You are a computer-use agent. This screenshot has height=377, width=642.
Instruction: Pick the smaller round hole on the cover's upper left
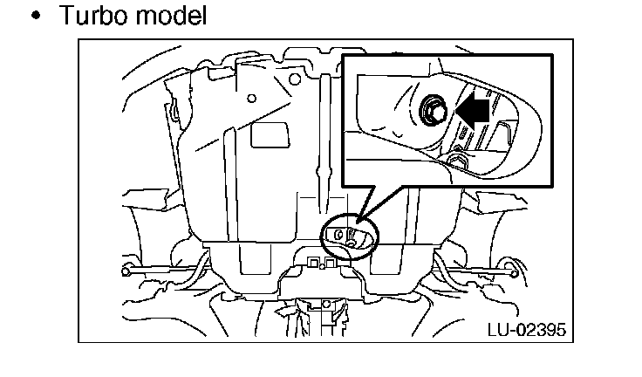click(251, 99)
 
